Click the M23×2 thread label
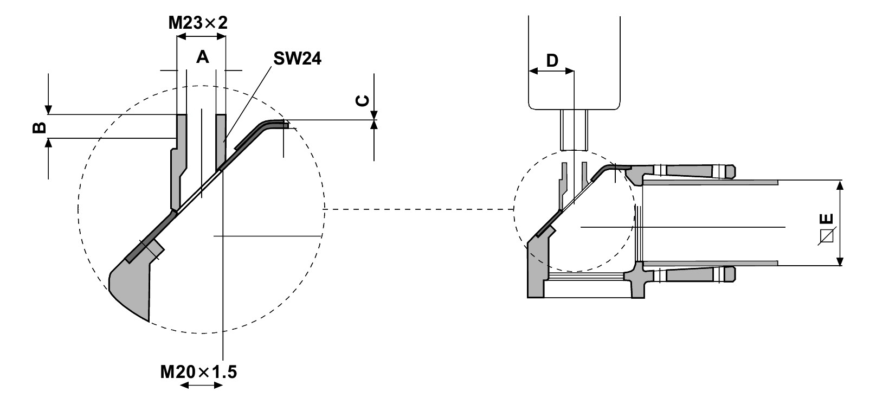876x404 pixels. (197, 23)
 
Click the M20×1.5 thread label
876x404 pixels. (198, 372)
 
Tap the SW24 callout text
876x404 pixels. (297, 59)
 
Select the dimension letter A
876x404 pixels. (202, 56)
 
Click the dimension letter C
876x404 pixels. (363, 100)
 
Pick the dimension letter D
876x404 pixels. (552, 60)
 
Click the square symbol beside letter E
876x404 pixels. (827, 237)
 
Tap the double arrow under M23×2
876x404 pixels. (202, 37)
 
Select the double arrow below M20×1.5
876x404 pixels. (201, 385)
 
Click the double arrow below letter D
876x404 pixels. (551, 71)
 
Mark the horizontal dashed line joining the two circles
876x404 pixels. (417, 209)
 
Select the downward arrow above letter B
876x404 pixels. (49, 95)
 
